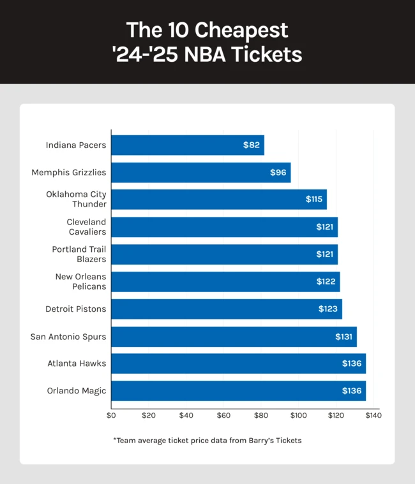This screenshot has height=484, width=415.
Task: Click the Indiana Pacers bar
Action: [x=188, y=145]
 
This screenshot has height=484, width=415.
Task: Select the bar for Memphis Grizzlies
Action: [x=201, y=172]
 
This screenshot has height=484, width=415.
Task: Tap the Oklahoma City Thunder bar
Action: [x=219, y=200]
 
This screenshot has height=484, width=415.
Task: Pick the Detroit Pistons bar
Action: [x=227, y=309]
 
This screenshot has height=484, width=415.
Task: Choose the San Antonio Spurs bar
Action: [x=234, y=337]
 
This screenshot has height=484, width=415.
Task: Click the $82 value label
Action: [x=252, y=145]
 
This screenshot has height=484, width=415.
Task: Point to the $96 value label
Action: [x=278, y=173]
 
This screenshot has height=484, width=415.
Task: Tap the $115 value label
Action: [x=314, y=200]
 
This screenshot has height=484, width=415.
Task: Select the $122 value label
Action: [x=327, y=282]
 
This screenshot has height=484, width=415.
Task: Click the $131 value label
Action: [x=343, y=337]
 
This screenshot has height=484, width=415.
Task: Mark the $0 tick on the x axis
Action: [x=111, y=416]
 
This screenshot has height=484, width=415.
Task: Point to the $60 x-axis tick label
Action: [x=223, y=416]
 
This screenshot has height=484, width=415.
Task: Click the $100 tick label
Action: [x=298, y=416]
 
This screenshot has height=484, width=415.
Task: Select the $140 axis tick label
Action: [x=373, y=416]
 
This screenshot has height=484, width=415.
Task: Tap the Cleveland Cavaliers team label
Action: [x=86, y=227]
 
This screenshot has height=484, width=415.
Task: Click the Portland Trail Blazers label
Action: [x=79, y=254]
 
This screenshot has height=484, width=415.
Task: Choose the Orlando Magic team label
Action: [x=77, y=391]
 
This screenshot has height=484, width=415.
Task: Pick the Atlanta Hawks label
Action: [x=77, y=363]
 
